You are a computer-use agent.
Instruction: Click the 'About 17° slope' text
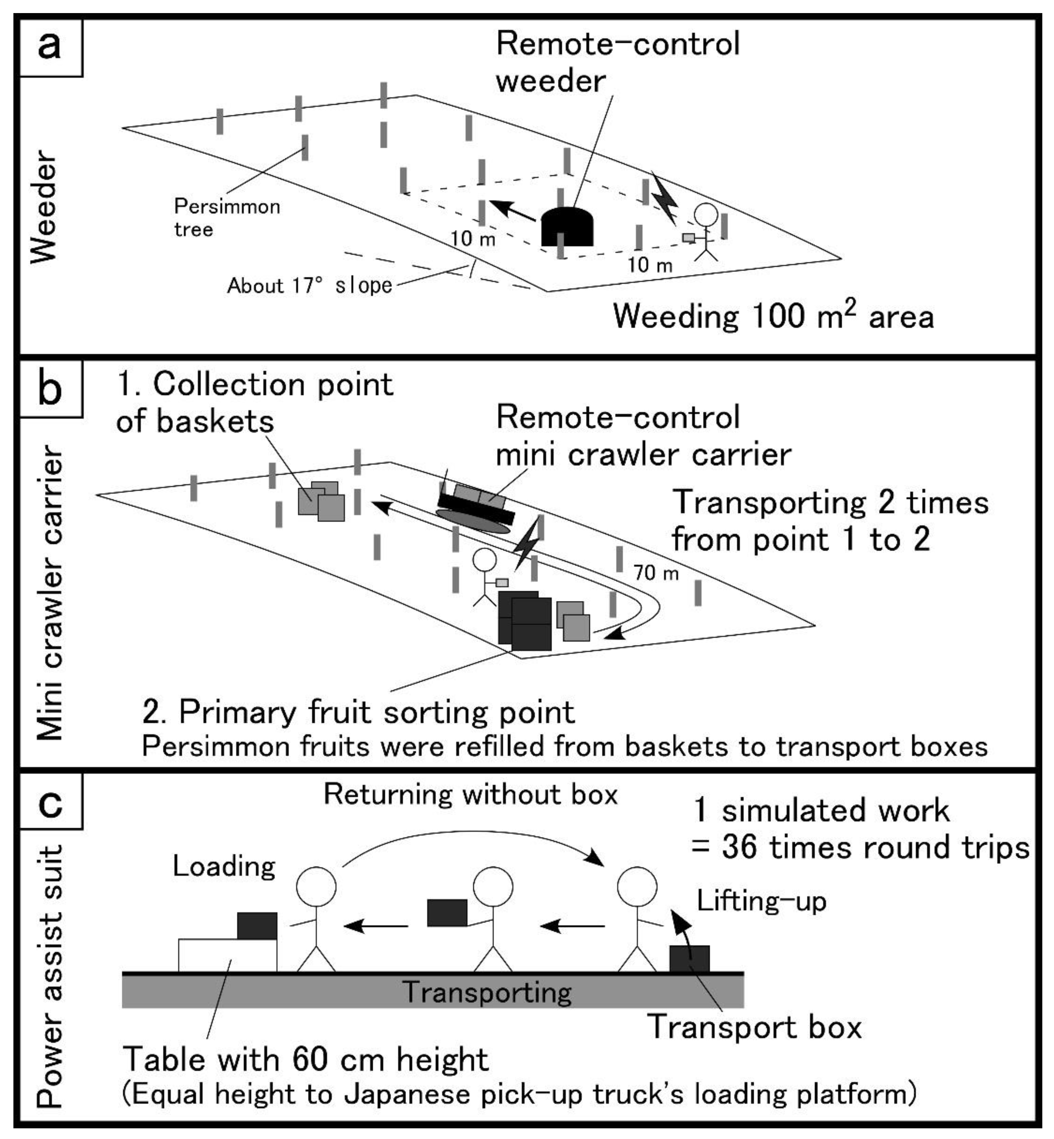pos(310,285)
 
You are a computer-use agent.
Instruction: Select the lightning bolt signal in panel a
pos(665,198)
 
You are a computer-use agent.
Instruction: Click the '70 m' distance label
pos(656,572)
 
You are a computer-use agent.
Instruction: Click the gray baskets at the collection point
pos(322,502)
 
